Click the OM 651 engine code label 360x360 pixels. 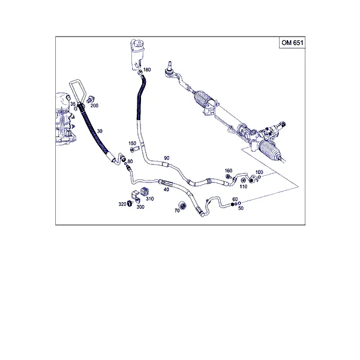pyautogui.click(x=292, y=43)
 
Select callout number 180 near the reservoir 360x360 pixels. pyautogui.click(x=147, y=70)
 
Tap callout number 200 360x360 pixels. pyautogui.click(x=94, y=106)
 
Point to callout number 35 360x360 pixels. pyautogui.click(x=73, y=104)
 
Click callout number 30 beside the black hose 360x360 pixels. pyautogui.click(x=100, y=131)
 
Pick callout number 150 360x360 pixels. pyautogui.click(x=132, y=143)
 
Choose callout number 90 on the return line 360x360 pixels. pyautogui.click(x=167, y=158)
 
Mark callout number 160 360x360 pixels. pyautogui.click(x=229, y=170)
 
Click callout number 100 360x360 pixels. pyautogui.click(x=259, y=172)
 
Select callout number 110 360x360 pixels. pyautogui.click(x=244, y=187)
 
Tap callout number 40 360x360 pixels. pyautogui.click(x=166, y=190)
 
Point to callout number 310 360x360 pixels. pyautogui.click(x=149, y=199)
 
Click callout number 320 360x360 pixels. pyautogui.click(x=122, y=204)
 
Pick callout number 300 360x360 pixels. pyautogui.click(x=140, y=207)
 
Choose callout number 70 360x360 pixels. pyautogui.click(x=177, y=211)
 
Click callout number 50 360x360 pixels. pyautogui.click(x=241, y=208)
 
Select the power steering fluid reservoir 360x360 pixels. pyautogui.click(x=137, y=55)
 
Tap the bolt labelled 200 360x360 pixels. pyautogui.click(x=91, y=99)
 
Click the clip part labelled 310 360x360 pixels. pyautogui.click(x=144, y=191)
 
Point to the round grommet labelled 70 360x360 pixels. pyautogui.click(x=182, y=205)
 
